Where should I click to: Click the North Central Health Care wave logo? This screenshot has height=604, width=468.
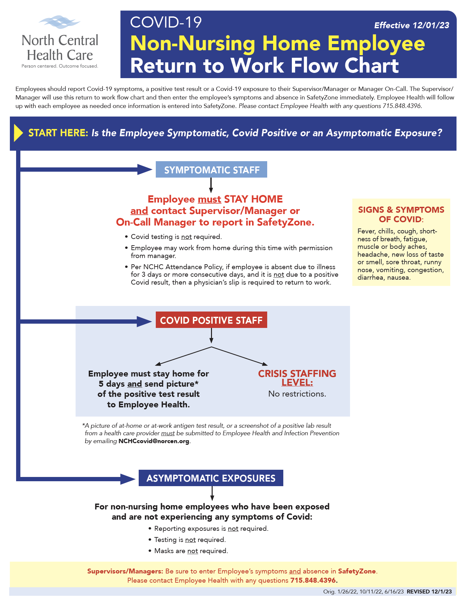[59, 22]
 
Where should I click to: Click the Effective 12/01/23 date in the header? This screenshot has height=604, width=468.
[412, 25]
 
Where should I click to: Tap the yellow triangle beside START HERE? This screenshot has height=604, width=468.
[18, 133]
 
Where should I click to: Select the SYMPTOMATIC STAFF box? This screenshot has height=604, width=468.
[211, 169]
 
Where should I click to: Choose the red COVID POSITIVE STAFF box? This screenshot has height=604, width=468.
[211, 320]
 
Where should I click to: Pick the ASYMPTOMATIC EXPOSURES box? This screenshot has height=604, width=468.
[211, 478]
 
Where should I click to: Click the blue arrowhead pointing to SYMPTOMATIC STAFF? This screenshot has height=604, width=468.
[145, 169]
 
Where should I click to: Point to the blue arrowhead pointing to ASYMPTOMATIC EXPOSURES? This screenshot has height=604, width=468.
[128, 479]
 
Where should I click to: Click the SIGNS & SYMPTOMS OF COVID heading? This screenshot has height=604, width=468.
[401, 214]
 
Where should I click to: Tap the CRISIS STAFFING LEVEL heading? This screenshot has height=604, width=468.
[297, 378]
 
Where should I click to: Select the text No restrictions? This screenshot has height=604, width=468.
[297, 394]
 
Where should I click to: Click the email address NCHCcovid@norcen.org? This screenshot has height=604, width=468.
[154, 441]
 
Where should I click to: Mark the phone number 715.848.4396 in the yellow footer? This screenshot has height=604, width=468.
[313, 580]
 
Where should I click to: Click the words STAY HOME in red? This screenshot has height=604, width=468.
[253, 199]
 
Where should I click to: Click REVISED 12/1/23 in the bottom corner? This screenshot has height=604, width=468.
[429, 592]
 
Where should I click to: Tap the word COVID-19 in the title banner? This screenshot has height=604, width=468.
[166, 22]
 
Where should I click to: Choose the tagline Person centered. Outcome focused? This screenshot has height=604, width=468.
[60, 66]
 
